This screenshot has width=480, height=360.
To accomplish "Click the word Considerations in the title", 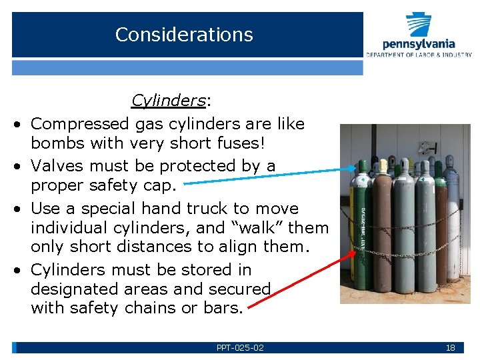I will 184,35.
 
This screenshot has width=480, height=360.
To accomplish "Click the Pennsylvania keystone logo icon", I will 419,25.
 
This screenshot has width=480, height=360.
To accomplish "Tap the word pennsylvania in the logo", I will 419,44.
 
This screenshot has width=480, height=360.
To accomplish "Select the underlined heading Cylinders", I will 168,101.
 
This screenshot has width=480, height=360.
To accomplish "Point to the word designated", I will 78,289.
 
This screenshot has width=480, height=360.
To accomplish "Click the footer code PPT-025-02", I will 240,347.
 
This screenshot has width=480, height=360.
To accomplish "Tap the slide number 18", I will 450,347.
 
